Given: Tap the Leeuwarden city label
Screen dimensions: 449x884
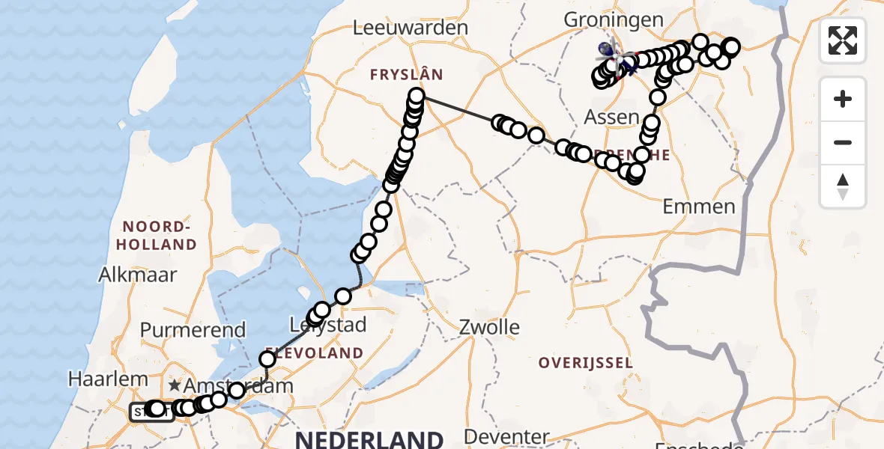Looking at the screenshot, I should pyautogui.click(x=411, y=28).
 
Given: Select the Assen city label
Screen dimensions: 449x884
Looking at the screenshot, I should pyautogui.click(x=612, y=117).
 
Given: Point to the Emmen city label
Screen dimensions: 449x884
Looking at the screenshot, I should pyautogui.click(x=699, y=207).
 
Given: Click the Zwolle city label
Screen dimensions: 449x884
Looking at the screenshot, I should pyautogui.click(x=491, y=327).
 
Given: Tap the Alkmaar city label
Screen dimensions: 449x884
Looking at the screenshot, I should pyautogui.click(x=138, y=275).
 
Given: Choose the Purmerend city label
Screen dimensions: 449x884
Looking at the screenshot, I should pyautogui.click(x=192, y=330).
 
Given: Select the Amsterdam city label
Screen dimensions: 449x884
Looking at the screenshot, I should pyautogui.click(x=234, y=386).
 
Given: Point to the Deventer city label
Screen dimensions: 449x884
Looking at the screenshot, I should pyautogui.click(x=506, y=436).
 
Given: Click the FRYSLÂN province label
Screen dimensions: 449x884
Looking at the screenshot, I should pyautogui.click(x=406, y=74).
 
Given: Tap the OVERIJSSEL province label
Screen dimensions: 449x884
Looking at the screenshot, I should pyautogui.click(x=585, y=363).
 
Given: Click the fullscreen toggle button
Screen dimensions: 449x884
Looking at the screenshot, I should pyautogui.click(x=843, y=40).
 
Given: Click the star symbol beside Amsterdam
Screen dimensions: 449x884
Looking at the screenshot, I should pyautogui.click(x=175, y=386).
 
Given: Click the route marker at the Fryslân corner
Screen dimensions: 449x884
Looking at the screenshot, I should pyautogui.click(x=417, y=96).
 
